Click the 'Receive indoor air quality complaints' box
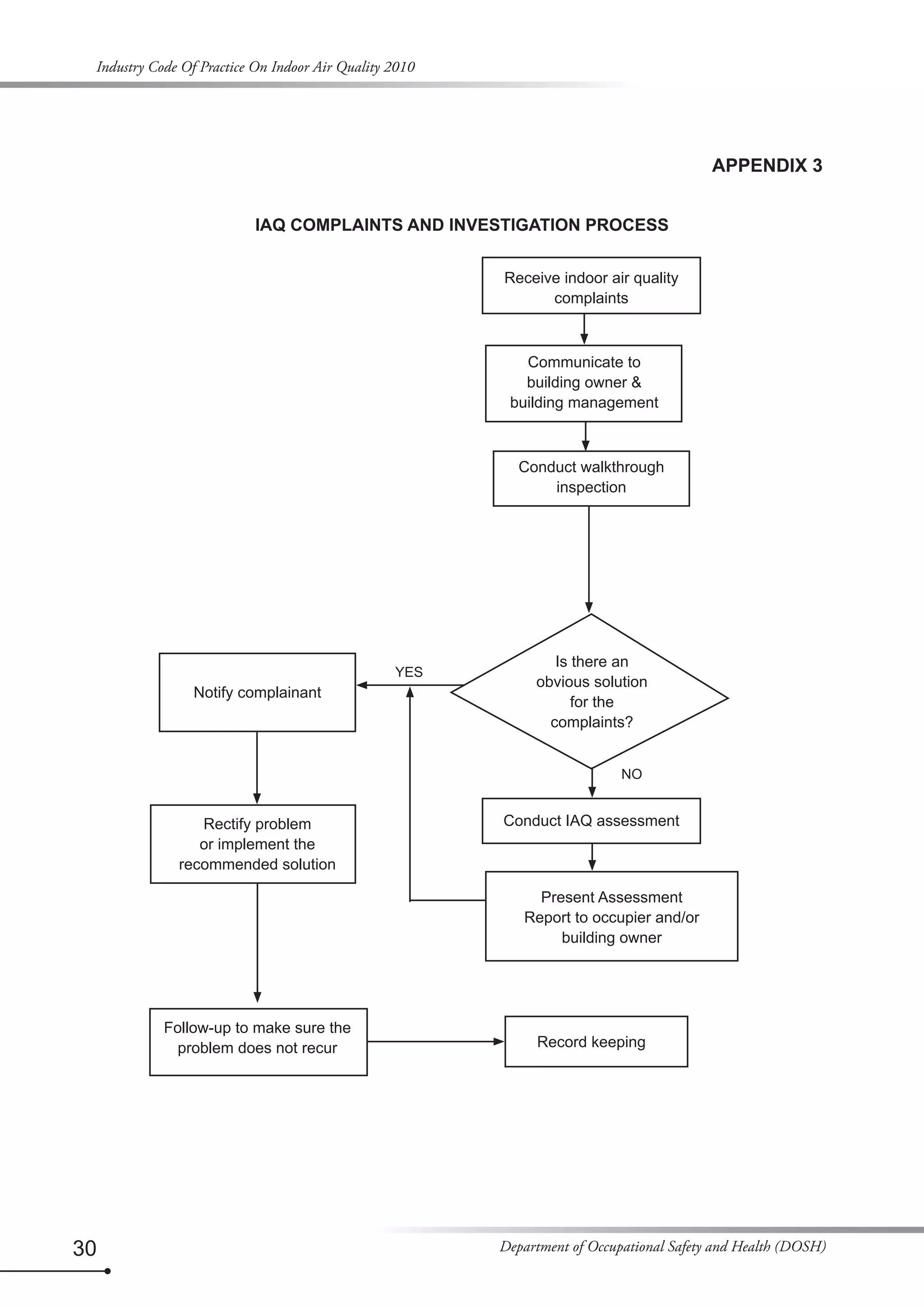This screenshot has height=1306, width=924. tap(591, 285)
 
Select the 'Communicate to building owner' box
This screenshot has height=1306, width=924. tap(583, 383)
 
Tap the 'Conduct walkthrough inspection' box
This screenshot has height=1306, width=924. tap(591, 478)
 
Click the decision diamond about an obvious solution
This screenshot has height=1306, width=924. tap(591, 691)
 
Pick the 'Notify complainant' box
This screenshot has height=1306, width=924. tap(257, 692)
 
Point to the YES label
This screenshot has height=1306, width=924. tap(408, 672)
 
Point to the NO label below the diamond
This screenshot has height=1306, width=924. tap(631, 773)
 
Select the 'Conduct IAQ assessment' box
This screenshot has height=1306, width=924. tap(591, 820)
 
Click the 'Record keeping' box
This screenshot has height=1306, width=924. tap(596, 1041)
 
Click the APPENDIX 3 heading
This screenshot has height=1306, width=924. tap(767, 166)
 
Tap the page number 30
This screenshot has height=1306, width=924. tap(84, 1248)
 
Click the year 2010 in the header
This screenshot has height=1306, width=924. tap(399, 67)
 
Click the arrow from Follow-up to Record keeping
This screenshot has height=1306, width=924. tap(435, 1041)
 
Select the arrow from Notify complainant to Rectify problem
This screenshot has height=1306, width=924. tap(257, 768)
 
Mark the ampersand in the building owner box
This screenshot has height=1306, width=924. tap(636, 382)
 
